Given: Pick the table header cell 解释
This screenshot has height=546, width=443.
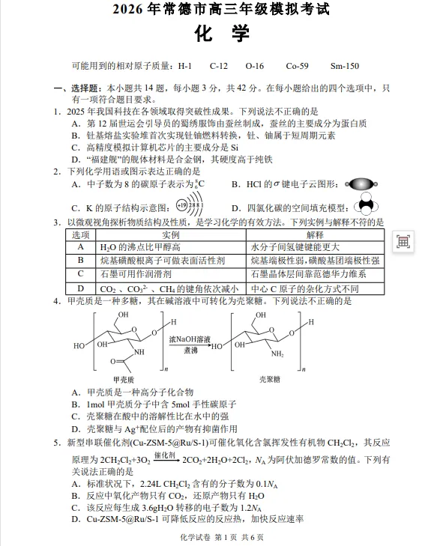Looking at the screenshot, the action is (x=315, y=234).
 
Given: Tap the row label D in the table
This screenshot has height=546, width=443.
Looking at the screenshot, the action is (x=80, y=288).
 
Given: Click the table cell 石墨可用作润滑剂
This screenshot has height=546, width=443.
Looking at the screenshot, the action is (x=131, y=274).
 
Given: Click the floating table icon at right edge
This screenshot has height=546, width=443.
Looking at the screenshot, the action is (x=403, y=242).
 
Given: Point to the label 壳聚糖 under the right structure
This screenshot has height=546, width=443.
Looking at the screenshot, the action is (x=269, y=380).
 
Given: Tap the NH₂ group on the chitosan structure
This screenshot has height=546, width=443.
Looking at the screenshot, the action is (x=277, y=354).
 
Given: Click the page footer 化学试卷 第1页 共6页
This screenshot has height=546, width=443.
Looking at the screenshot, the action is (x=222, y=537).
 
